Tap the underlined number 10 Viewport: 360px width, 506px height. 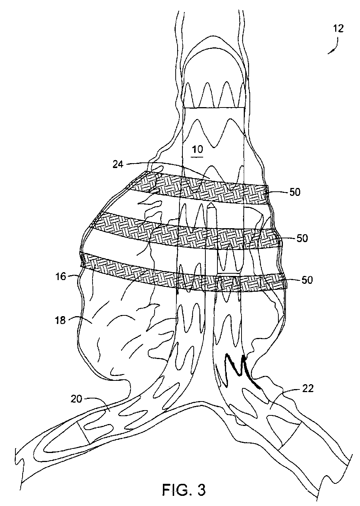(x=197, y=150)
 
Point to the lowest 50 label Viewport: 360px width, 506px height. (x=307, y=280)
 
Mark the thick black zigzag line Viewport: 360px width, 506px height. (x=241, y=370)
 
